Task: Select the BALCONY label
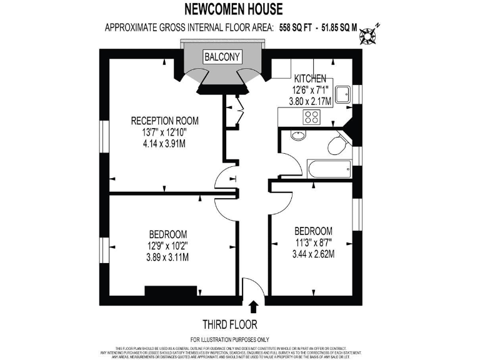tap(222, 57)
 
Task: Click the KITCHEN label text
tap(310, 79)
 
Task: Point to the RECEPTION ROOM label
tap(164, 121)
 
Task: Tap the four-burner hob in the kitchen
tap(311, 116)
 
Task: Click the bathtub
tap(329, 168)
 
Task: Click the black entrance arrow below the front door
tap(253, 306)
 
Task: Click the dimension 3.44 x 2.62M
tap(313, 254)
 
